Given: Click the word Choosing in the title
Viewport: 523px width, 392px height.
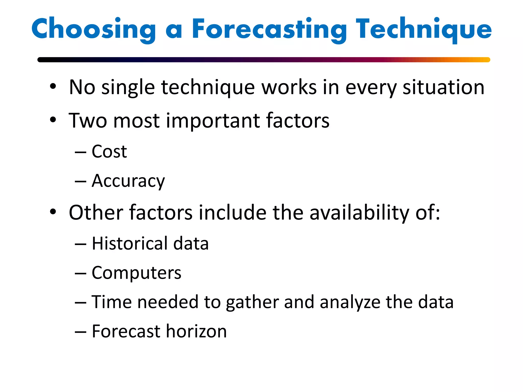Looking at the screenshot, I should pos(93,29).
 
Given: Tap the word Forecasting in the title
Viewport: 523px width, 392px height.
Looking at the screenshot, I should pos(269,29).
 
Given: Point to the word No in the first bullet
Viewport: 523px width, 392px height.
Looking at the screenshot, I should pos(82,87).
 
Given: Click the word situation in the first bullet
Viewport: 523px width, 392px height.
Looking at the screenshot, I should pos(443,87).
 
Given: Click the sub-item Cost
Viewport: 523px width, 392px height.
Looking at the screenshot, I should pos(109,152).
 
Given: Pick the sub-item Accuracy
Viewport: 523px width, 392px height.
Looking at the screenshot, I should pos(128,181).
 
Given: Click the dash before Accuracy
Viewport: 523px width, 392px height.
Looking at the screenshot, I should pos(80,181).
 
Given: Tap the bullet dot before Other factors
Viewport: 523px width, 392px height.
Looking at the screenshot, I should pos(53,212).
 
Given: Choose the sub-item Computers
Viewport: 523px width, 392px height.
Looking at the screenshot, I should pos(136,273).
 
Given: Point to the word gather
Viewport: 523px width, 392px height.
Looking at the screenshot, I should pos(252,302).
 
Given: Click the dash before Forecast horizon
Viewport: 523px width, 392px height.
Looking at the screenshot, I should pos(80,332).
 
